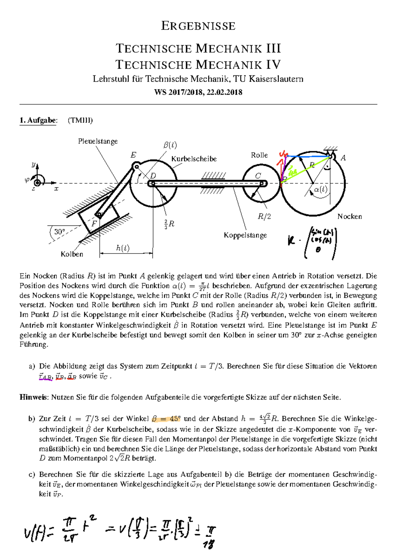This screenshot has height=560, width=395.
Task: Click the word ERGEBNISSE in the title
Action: pyautogui.click(x=198, y=26)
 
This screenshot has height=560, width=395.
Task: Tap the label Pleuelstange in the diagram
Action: pyautogui.click(x=98, y=141)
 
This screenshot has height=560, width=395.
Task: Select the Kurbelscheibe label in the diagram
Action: pyautogui.click(x=194, y=159)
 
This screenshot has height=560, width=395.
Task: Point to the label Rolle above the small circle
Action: pyautogui.click(x=259, y=155)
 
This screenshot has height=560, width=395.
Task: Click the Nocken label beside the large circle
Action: pyautogui.click(x=350, y=216)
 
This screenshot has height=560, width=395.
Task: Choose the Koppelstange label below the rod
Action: pyautogui.click(x=245, y=235)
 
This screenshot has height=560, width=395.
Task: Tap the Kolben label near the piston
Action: pyautogui.click(x=72, y=254)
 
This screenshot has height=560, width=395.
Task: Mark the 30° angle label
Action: pyautogui.click(x=60, y=232)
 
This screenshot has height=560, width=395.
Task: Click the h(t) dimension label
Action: pyautogui.click(x=123, y=248)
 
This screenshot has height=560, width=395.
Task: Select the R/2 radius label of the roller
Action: pyautogui.click(x=264, y=216)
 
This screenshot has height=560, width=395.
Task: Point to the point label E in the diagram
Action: pyautogui.click(x=133, y=155)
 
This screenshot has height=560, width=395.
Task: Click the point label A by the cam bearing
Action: pyautogui.click(x=343, y=158)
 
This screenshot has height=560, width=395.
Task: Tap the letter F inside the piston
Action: pyautogui.click(x=94, y=223)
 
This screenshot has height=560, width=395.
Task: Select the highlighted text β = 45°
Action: pyautogui.click(x=166, y=419)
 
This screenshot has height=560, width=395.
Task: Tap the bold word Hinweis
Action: pyautogui.click(x=34, y=397)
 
